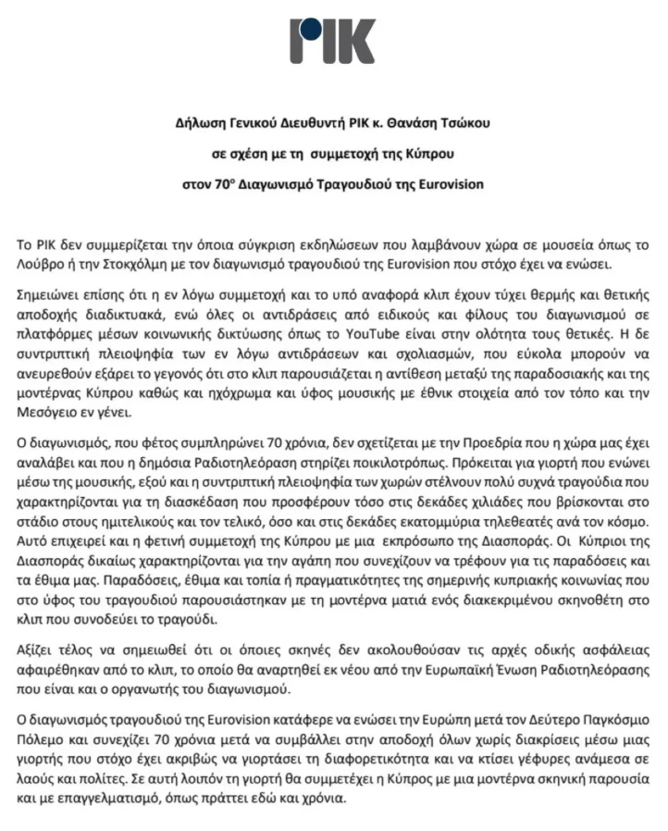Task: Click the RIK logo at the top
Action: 332,42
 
